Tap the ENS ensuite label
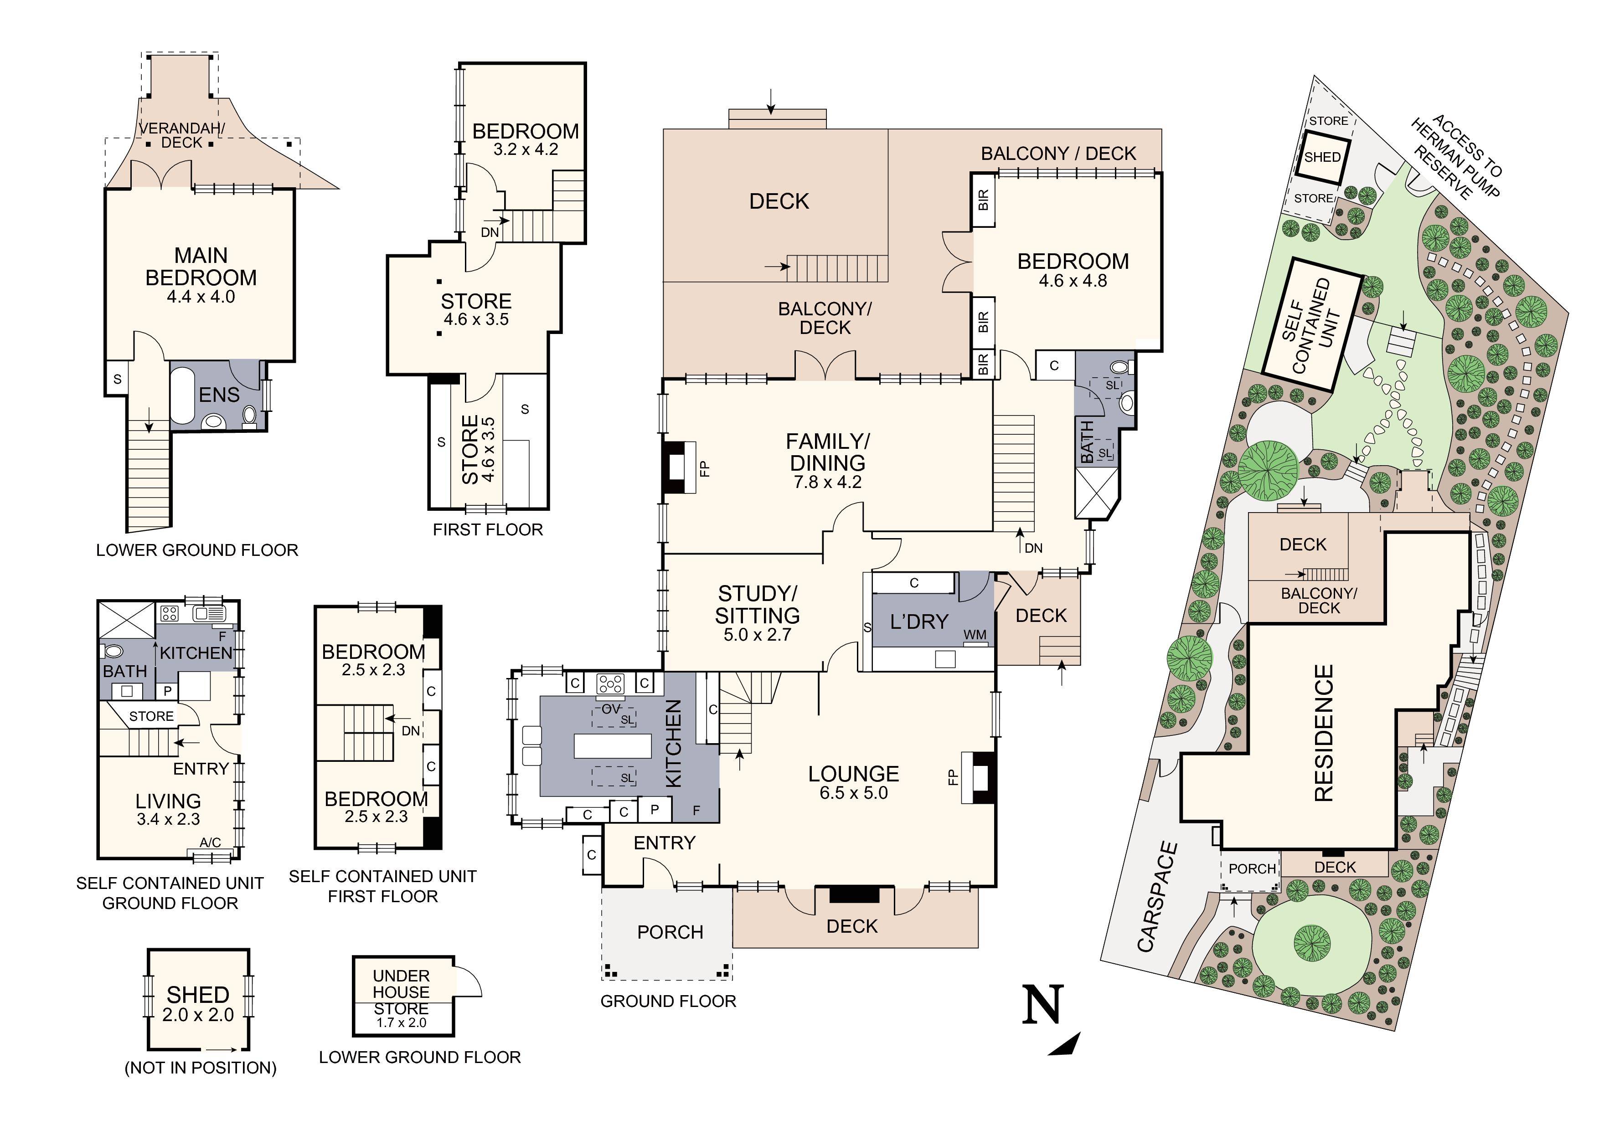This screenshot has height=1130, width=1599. click(219, 395)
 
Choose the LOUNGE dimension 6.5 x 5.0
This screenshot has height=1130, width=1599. click(854, 793)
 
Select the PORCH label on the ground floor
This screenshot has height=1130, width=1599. click(670, 932)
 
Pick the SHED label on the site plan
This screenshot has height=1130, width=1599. click(1322, 157)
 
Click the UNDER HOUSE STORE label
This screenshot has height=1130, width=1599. click(401, 992)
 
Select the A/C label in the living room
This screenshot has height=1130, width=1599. click(210, 842)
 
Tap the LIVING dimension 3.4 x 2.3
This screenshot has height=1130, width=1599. click(169, 819)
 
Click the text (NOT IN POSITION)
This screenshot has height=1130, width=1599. click(201, 1067)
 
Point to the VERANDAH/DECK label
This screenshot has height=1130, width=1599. click(182, 135)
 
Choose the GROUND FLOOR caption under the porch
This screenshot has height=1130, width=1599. click(668, 1001)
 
